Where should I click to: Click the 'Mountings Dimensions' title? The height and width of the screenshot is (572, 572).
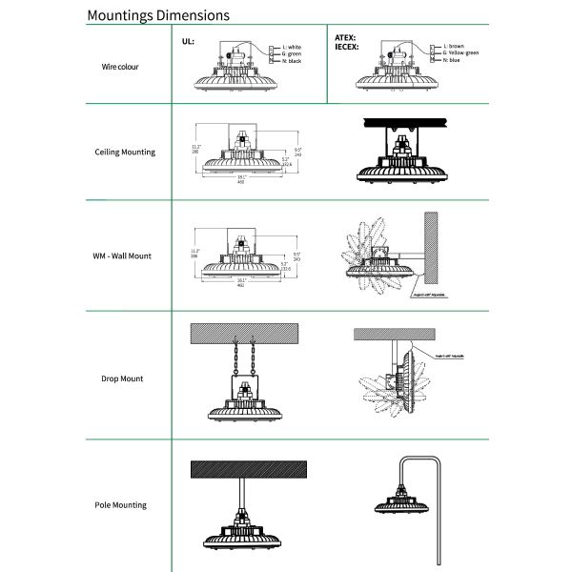(157, 16)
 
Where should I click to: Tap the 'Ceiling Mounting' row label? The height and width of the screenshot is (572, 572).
(125, 152)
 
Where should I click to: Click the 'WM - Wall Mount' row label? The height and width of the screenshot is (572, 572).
(122, 255)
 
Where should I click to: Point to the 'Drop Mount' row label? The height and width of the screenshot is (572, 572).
(122, 378)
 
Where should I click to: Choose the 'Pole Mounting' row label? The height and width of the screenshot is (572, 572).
(121, 504)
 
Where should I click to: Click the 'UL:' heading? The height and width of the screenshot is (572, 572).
(188, 43)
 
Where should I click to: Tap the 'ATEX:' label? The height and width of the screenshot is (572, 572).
(345, 36)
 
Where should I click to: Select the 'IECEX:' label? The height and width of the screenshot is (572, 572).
(347, 45)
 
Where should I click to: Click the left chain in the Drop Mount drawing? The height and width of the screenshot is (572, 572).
(235, 359)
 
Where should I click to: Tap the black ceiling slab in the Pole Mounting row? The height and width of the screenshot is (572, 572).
(248, 470)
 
